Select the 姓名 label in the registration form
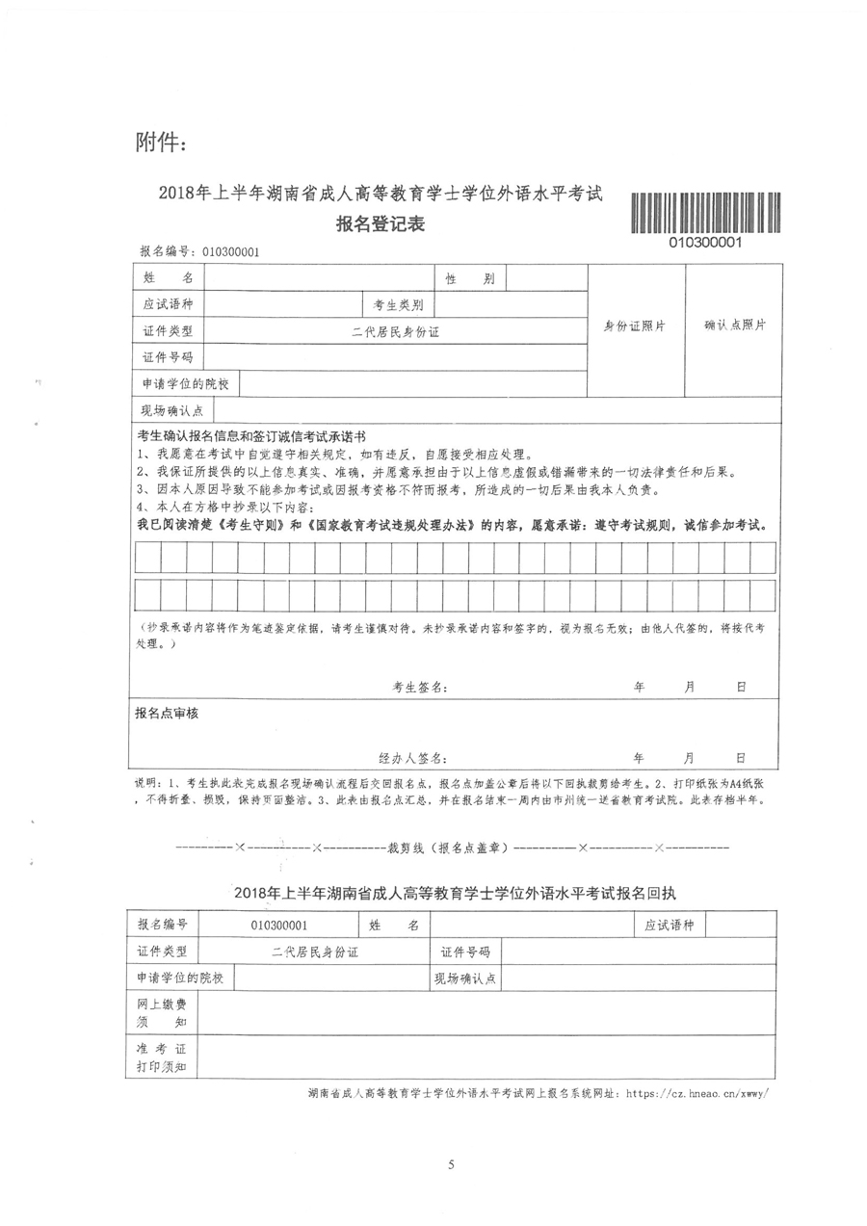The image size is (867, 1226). click(x=167, y=278)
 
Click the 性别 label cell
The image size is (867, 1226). click(x=469, y=278)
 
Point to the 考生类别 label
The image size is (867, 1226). click(x=399, y=305)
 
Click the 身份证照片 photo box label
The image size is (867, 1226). click(x=635, y=326)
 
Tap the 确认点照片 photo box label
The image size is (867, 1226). click(x=734, y=326)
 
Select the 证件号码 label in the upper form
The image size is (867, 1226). click(x=167, y=357)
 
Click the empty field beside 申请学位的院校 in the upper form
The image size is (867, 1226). click(x=412, y=384)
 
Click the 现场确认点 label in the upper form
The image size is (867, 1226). click(x=167, y=410)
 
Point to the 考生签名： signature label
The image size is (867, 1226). click(x=419, y=688)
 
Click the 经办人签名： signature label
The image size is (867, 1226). click(x=412, y=757)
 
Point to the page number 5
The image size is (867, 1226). click(x=451, y=1164)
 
